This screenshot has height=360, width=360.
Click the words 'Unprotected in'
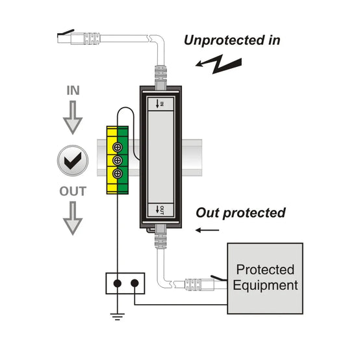[x=232, y=40]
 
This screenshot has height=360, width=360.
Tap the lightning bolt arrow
[x=218, y=64]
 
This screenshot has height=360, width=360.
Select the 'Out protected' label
[x=240, y=213]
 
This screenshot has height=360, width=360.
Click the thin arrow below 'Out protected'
[x=207, y=230]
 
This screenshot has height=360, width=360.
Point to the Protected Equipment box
[x=265, y=278]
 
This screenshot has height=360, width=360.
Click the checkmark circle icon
[x=73, y=161]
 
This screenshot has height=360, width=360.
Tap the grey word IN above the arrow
[x=73, y=90]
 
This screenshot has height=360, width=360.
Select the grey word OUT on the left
[x=73, y=191]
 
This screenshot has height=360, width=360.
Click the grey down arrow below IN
[x=73, y=118]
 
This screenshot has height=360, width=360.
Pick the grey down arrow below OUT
[x=73, y=218]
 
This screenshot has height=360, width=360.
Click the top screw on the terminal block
[x=118, y=147]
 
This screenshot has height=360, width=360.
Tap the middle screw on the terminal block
[x=118, y=161]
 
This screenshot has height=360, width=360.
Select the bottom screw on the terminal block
[x=118, y=174]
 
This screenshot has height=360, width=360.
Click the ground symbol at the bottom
[x=118, y=316]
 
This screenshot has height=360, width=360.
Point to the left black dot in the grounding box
[x=118, y=283]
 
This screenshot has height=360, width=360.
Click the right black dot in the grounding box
[x=135, y=283]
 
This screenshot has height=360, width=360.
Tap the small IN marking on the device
[x=160, y=104]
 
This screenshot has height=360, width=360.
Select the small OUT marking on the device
[x=160, y=210]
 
